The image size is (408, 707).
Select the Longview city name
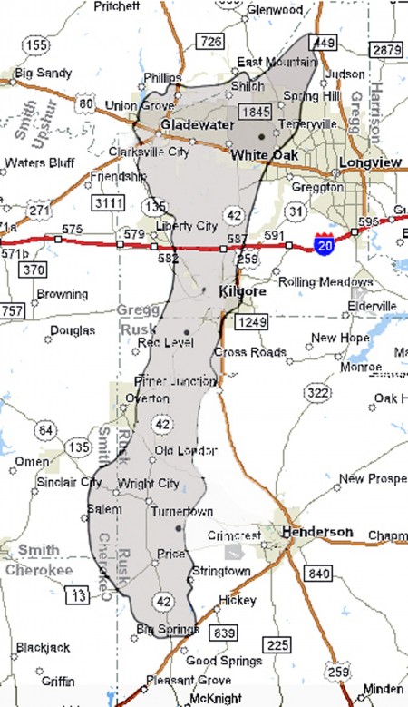pyautogui.click(x=370, y=163)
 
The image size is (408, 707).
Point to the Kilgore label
pyautogui.click(x=243, y=293)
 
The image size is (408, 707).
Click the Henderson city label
pyautogui.click(x=317, y=531)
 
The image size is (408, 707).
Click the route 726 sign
pyautogui.click(x=210, y=41)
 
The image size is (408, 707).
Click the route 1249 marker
pyautogui.click(x=248, y=323)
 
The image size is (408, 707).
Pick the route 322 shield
pyautogui.click(x=317, y=392)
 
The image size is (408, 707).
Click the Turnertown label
pyautogui.click(x=182, y=512)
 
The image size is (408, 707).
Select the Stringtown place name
pyautogui.click(x=221, y=571)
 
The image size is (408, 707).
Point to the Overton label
pyautogui.click(x=151, y=398)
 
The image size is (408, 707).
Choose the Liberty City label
pyautogui.click(x=187, y=226)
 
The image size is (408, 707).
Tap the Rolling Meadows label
pyautogui.click(x=312, y=281)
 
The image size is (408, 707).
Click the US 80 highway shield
pyautogui.click(x=87, y=103)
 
